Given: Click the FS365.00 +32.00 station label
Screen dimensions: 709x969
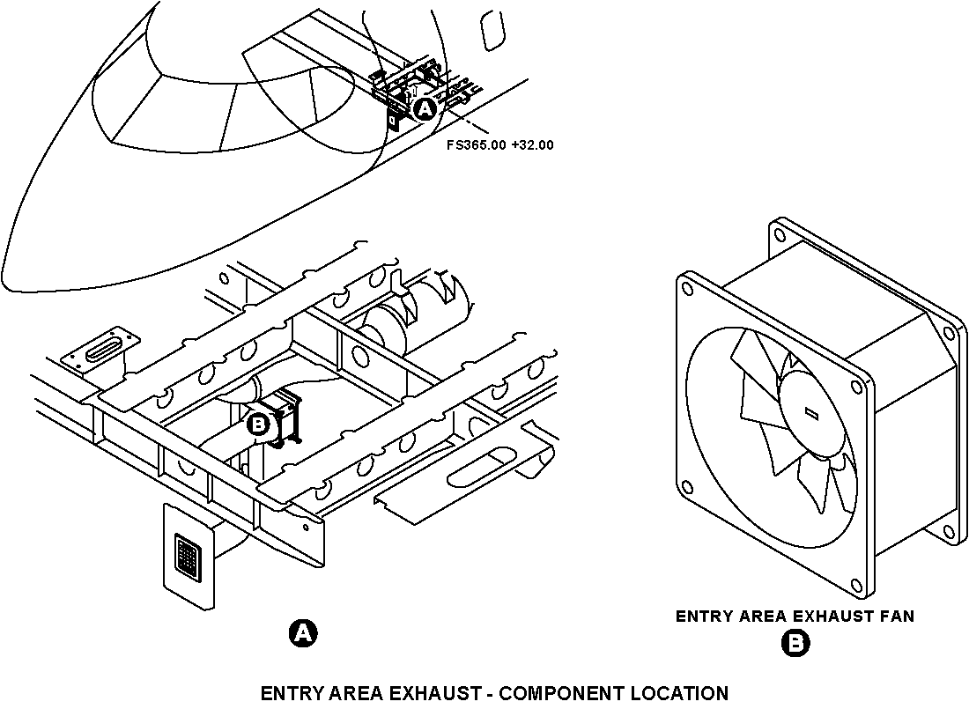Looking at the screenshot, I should [500, 145].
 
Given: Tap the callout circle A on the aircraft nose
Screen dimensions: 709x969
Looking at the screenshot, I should [425, 109].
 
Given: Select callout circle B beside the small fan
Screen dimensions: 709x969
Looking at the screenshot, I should [258, 425].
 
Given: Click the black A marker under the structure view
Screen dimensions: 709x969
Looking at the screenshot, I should [302, 633].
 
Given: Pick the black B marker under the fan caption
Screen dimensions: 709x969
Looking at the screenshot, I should [795, 644].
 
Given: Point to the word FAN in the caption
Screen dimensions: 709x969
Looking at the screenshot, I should [897, 617].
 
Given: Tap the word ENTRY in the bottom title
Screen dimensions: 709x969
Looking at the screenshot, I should [290, 693].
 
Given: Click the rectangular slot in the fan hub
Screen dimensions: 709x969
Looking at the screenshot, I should [810, 412].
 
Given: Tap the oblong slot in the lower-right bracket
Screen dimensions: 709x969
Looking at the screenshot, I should [483, 464].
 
